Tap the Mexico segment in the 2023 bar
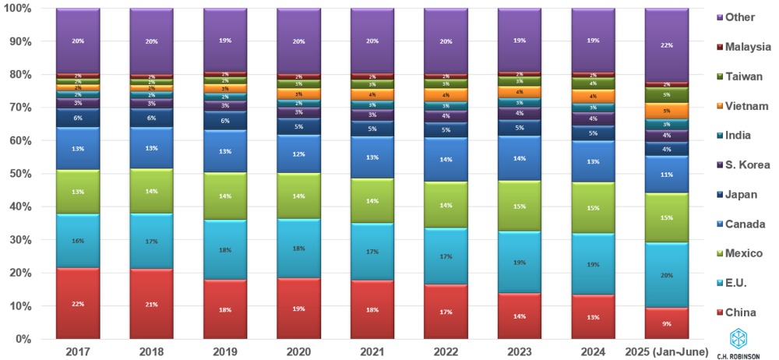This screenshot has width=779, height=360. [520, 206]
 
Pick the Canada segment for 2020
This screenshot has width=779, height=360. [298, 154]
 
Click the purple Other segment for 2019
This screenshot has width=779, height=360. [225, 39]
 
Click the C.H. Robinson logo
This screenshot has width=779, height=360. [739, 344]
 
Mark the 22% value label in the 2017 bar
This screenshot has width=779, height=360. [78, 304]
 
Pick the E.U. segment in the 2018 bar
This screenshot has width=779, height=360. [151, 240]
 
